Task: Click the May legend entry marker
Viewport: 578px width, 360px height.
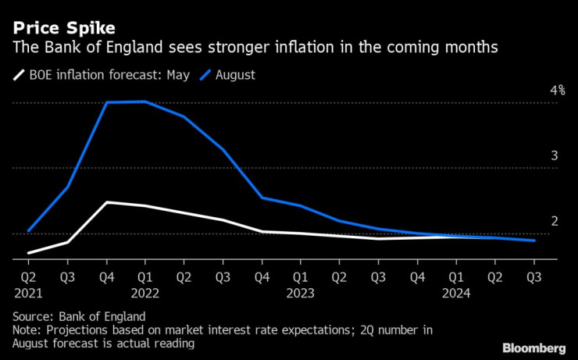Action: [x=19, y=75]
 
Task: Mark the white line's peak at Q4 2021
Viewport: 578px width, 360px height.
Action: [x=106, y=202]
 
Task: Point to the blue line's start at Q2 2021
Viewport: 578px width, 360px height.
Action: [x=29, y=231]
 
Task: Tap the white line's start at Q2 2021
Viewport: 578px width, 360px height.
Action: [x=29, y=253]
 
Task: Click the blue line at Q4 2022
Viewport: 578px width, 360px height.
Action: [x=261, y=198]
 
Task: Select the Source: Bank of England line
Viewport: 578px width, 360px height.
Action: [x=79, y=317]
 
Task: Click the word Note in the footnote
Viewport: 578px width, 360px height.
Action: [x=27, y=330]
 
